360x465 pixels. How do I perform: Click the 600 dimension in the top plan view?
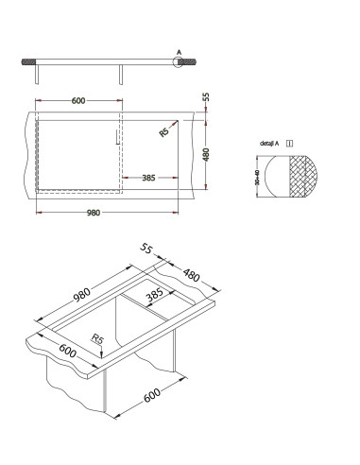pos(77,100)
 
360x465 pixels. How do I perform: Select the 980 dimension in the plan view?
pos(93,213)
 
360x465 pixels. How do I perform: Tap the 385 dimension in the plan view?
pos(149,177)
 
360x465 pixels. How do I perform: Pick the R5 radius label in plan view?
pos(164,132)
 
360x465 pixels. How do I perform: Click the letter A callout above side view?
pos(179,52)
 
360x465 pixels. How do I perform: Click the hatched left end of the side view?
pos(26,61)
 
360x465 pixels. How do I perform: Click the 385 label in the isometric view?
pos(154,296)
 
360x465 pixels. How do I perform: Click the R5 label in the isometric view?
pos(97,340)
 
